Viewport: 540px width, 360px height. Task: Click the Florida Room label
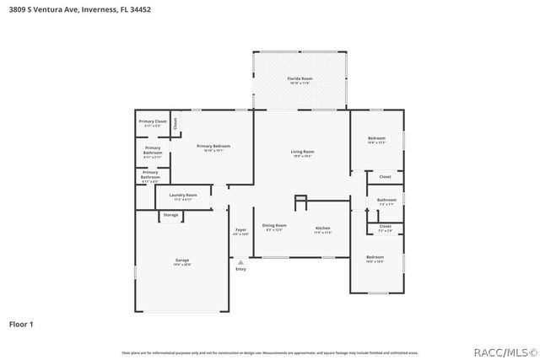[x=300, y=78]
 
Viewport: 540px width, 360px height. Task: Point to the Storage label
[x=170, y=215]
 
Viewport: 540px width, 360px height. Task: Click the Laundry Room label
[x=183, y=195]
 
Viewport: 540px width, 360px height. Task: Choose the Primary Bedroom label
[x=213, y=146]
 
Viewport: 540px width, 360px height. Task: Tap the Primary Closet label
[x=153, y=121]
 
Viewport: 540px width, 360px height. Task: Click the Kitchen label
[x=323, y=228]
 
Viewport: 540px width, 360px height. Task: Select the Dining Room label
[x=274, y=225]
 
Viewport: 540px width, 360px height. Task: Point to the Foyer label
[x=240, y=229]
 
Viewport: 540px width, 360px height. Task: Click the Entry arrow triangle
[x=240, y=262]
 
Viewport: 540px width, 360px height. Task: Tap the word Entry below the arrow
[x=240, y=269]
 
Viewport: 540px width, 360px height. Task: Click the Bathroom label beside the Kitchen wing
[x=387, y=200]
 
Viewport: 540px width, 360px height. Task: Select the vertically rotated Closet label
[x=175, y=122]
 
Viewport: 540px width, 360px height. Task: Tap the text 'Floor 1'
[x=21, y=323]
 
